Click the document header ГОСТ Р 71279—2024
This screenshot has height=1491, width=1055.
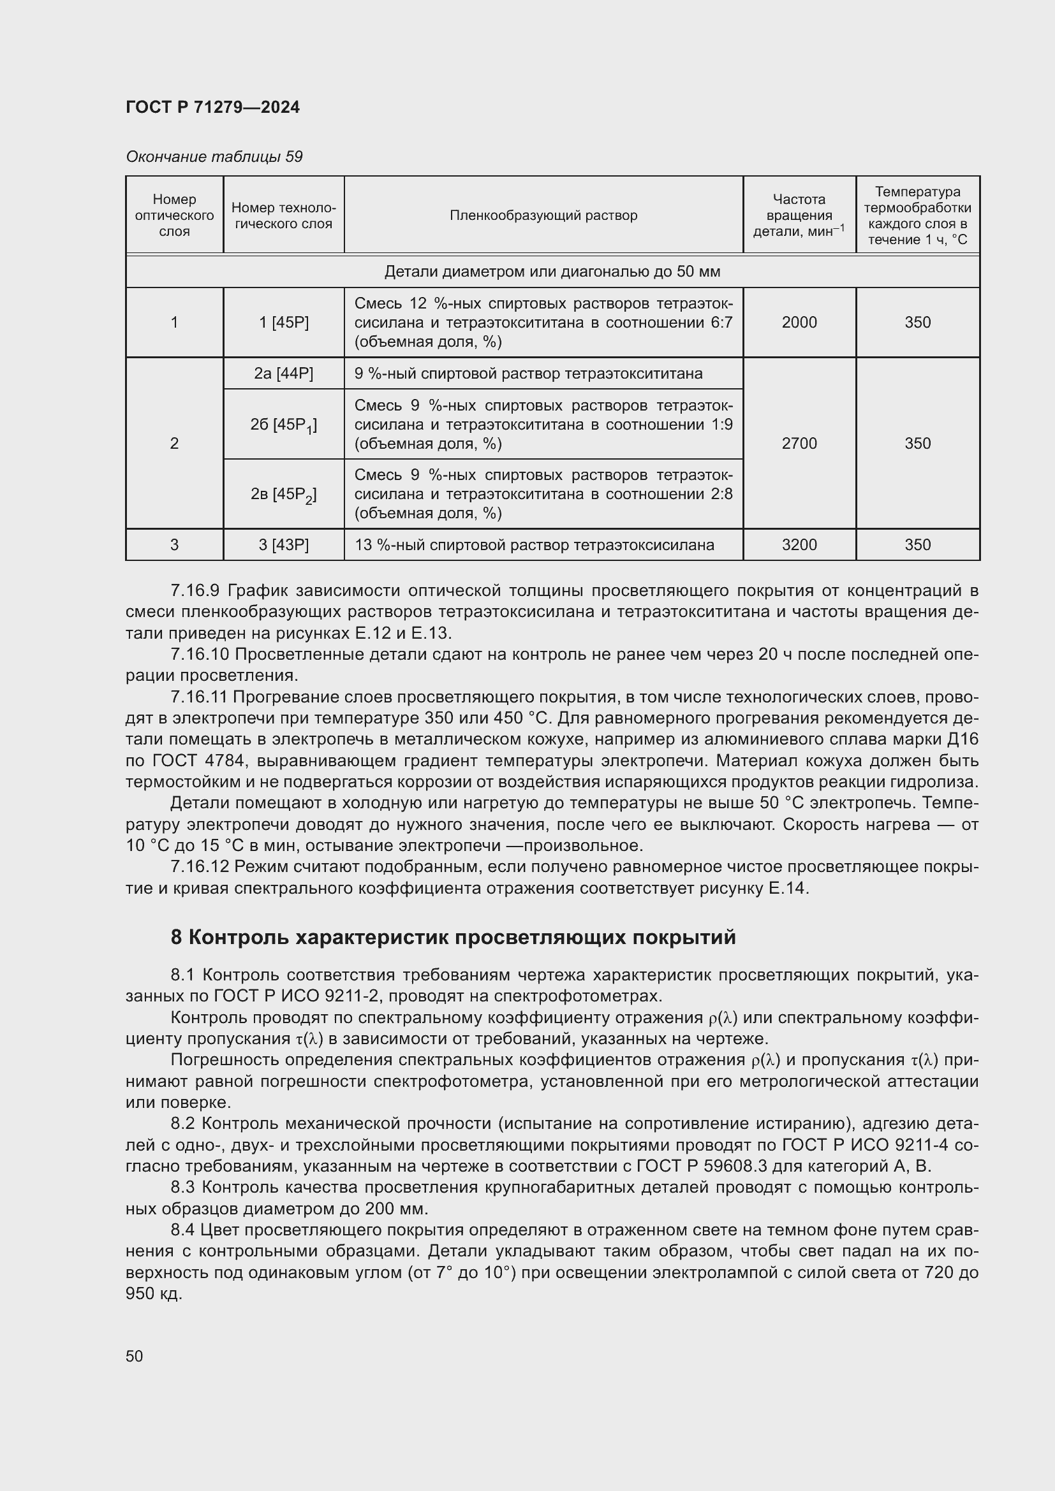click(212, 107)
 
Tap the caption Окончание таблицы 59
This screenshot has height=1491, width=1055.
click(214, 157)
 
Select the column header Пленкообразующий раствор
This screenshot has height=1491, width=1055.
click(543, 215)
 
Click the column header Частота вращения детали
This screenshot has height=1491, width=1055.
click(799, 215)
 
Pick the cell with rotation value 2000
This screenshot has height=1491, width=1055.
click(799, 322)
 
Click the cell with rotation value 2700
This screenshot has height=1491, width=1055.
click(799, 443)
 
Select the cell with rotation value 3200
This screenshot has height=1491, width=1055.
click(799, 544)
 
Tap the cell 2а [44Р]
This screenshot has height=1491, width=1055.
click(283, 374)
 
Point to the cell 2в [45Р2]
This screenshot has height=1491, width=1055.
click(283, 495)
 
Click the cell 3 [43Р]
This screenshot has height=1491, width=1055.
click(283, 544)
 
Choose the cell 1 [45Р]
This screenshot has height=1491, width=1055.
click(283, 322)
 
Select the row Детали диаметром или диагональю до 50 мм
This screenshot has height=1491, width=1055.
click(552, 272)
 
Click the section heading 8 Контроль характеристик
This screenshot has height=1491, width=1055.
click(453, 937)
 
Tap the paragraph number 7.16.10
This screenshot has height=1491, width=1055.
click(199, 654)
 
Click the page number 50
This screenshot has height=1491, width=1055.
click(135, 1356)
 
